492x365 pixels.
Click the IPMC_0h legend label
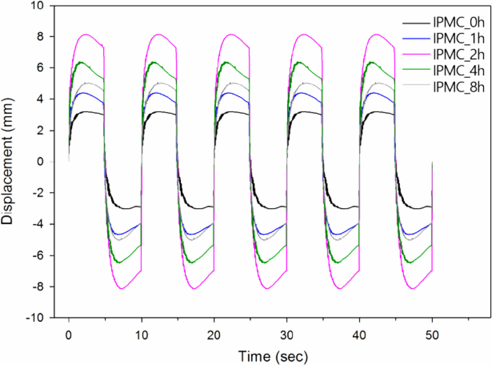tap(459, 23)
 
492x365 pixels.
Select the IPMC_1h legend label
tap(459, 39)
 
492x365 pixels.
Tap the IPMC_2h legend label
tap(459, 55)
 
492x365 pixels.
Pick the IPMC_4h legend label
tap(459, 71)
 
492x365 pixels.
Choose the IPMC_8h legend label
tap(459, 87)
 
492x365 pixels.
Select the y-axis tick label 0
tap(40, 162)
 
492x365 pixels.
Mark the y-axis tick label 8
tap(40, 37)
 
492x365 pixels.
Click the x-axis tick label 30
tap(286, 335)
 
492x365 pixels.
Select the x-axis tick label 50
tap(432, 335)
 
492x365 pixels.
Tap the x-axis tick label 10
tap(142, 335)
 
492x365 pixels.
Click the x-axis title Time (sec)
tap(273, 356)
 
